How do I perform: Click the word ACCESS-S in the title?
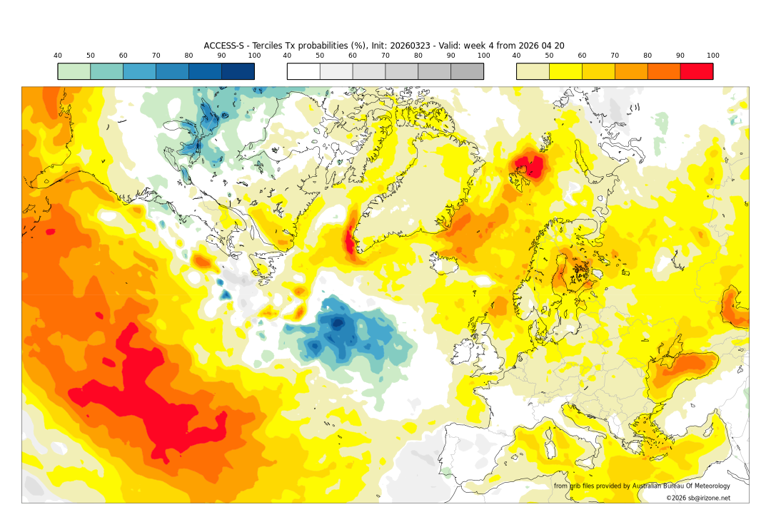(x=225, y=46)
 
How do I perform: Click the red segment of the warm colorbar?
(x=696, y=71)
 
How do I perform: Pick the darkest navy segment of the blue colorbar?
(x=238, y=71)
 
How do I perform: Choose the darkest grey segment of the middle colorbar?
(x=467, y=71)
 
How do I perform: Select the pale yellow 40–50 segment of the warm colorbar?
(x=533, y=71)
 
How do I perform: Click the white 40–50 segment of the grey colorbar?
(x=303, y=71)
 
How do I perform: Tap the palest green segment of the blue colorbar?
(x=74, y=71)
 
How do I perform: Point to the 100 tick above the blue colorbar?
(x=254, y=56)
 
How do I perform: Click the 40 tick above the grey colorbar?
(x=287, y=56)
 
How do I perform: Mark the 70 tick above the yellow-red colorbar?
(x=615, y=56)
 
